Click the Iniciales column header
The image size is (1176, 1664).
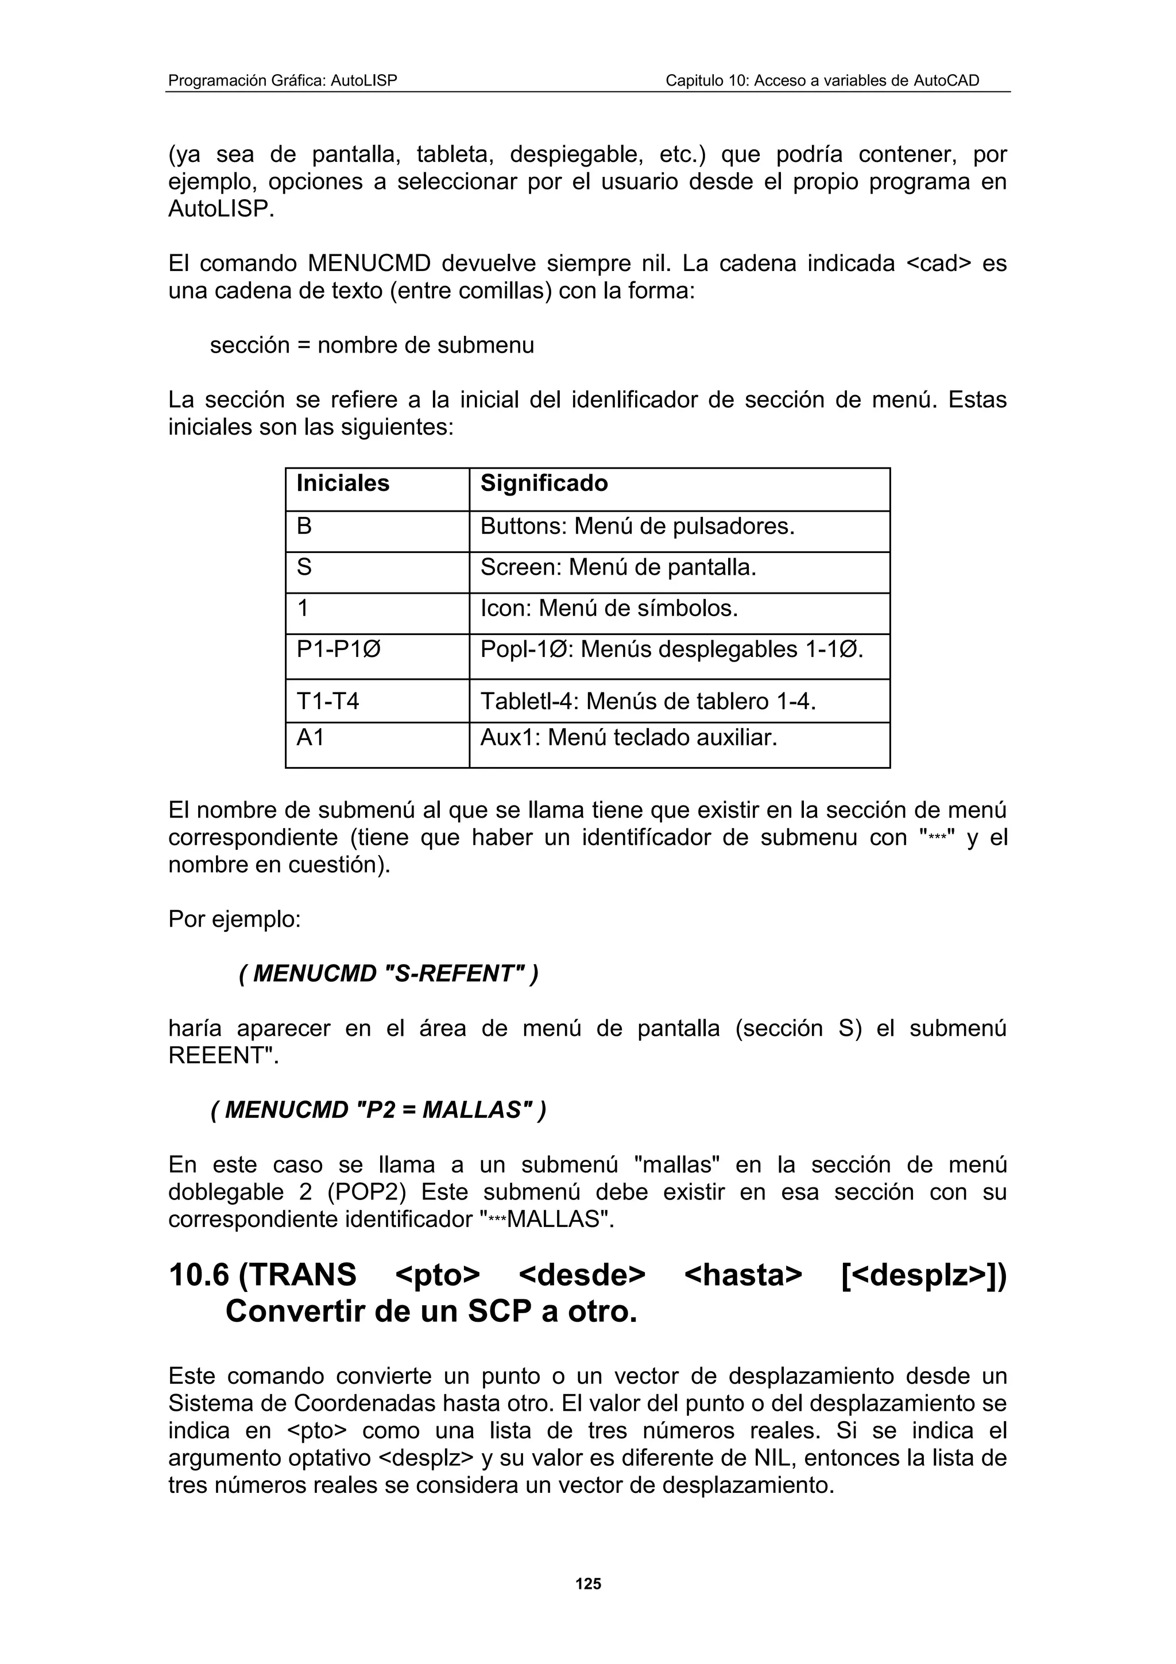click(343, 483)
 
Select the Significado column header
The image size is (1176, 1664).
click(544, 483)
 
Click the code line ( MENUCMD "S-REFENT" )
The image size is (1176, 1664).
click(388, 973)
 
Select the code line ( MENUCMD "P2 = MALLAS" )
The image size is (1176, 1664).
click(378, 1109)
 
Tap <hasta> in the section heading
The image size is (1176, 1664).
click(742, 1275)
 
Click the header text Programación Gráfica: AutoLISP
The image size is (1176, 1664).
click(283, 80)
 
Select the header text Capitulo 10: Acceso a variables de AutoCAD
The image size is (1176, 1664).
click(822, 80)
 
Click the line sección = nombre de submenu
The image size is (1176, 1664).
click(372, 345)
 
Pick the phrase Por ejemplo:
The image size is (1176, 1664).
click(234, 919)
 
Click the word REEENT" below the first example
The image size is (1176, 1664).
click(223, 1055)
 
